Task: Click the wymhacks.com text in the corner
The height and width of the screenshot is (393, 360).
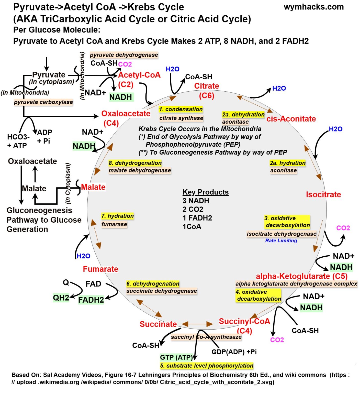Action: [x=313, y=7]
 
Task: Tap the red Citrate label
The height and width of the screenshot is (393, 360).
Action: [x=206, y=86]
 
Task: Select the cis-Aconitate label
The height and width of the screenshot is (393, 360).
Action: [x=291, y=119]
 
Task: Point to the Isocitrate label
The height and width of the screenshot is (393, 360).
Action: [x=323, y=194]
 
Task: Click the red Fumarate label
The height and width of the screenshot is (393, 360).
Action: [x=100, y=269]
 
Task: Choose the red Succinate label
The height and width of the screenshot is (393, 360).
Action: [x=158, y=324]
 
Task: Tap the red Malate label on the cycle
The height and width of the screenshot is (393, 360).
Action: [x=93, y=187]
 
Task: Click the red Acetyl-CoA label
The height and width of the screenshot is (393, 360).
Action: [x=139, y=75]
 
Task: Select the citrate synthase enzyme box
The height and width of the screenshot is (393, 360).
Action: [x=181, y=118]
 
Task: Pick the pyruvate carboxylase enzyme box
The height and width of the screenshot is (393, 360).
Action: [x=43, y=102]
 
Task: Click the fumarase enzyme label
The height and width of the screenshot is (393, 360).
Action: [x=114, y=224]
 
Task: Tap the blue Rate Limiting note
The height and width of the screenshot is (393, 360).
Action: [x=281, y=241]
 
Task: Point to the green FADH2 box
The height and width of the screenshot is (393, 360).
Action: [x=91, y=300]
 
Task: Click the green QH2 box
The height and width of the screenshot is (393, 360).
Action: [x=61, y=298]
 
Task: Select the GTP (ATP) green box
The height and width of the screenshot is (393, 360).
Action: [x=176, y=357]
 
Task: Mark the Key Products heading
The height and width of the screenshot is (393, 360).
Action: [x=205, y=192]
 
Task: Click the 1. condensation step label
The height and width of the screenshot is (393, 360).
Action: [x=181, y=109]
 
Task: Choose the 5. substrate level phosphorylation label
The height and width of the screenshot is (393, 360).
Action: [x=207, y=366]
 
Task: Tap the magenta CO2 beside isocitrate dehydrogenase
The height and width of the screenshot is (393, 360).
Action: [x=343, y=228]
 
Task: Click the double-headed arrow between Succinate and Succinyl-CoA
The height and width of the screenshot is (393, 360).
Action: [x=197, y=324]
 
